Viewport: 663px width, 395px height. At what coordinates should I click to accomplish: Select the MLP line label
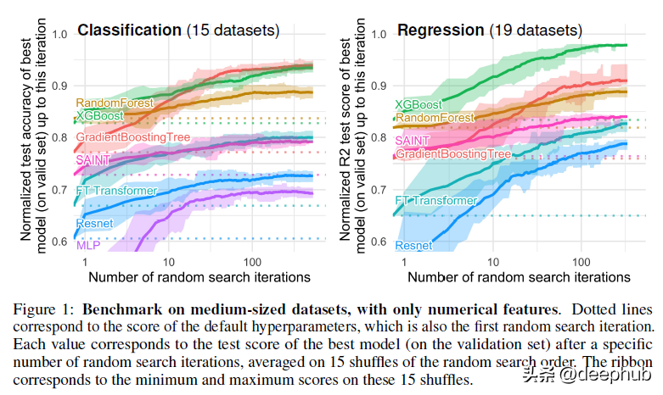pos(88,245)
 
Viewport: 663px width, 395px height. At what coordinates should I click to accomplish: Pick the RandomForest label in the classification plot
pos(115,103)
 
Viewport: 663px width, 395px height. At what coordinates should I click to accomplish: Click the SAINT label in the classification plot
pos(93,159)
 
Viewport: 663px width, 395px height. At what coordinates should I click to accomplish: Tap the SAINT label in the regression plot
pos(413,139)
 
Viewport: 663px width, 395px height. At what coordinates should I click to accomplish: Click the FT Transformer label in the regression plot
pos(436,201)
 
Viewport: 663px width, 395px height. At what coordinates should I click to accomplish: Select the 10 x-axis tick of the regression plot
pos(490,263)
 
